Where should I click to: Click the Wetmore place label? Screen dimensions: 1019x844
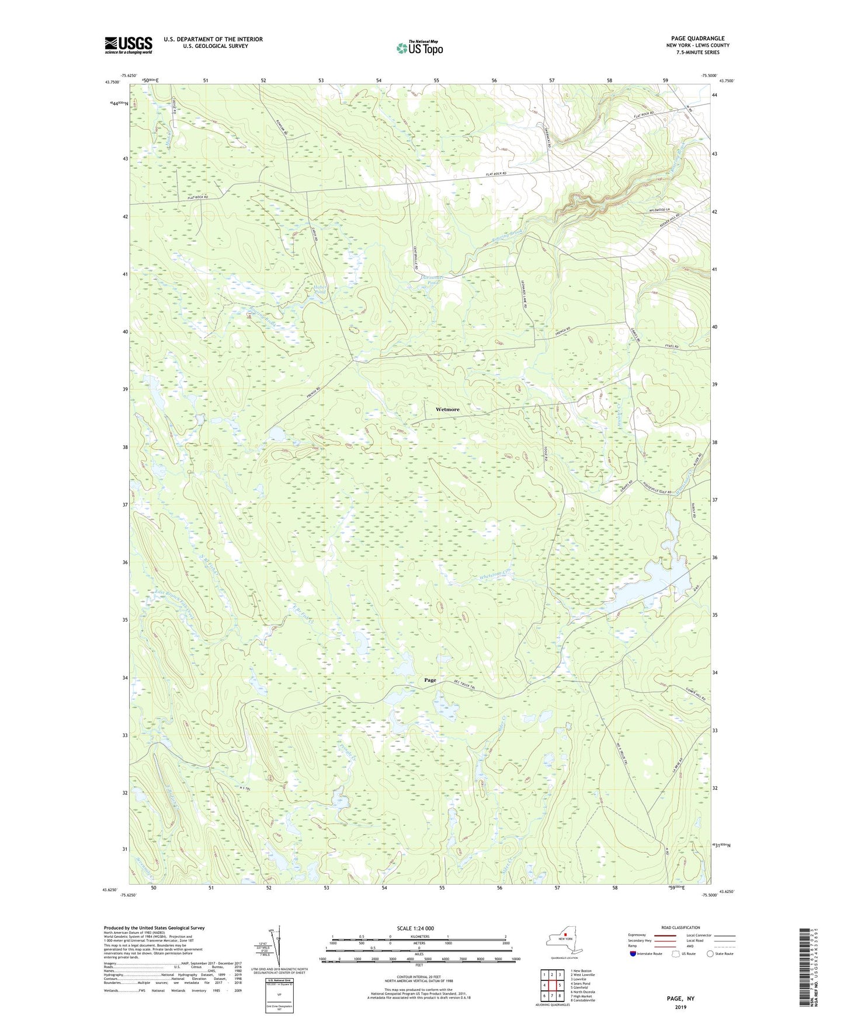(x=447, y=410)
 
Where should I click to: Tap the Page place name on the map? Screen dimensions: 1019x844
(x=430, y=680)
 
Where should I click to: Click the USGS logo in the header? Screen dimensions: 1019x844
(x=128, y=45)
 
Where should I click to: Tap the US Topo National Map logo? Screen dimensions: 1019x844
(x=419, y=47)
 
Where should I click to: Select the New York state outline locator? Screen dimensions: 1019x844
(x=564, y=940)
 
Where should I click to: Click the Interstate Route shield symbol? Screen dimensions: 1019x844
(x=633, y=954)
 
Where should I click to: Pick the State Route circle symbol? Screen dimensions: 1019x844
(x=710, y=954)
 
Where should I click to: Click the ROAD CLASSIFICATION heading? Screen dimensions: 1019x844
(x=680, y=927)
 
